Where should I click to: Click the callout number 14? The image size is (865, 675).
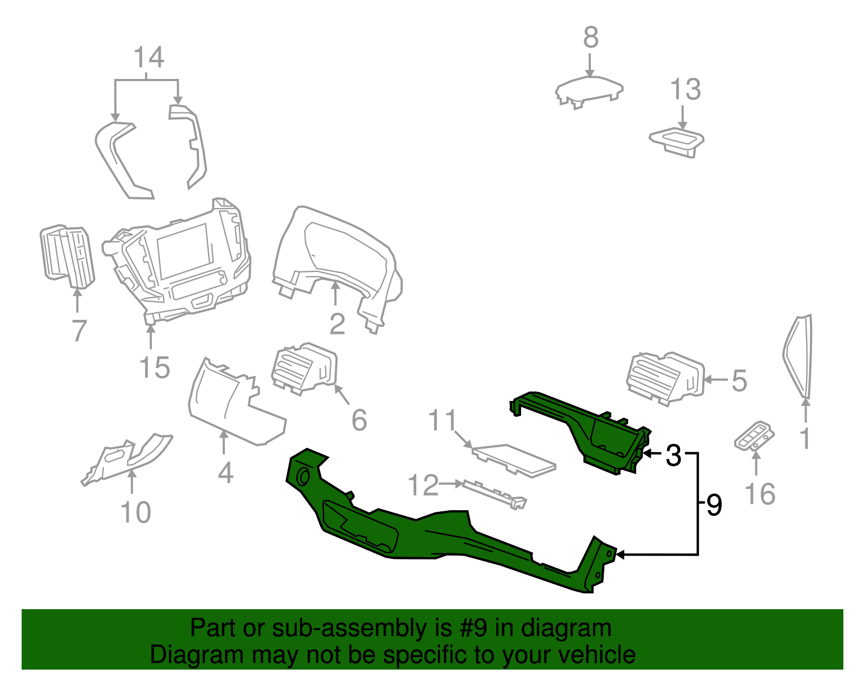point(149,57)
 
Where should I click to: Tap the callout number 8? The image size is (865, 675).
point(591,38)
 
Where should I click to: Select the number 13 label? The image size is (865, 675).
point(685,90)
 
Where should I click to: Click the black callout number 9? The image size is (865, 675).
point(714,505)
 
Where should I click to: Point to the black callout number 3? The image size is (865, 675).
point(674,455)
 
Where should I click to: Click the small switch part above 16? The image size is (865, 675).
point(755,436)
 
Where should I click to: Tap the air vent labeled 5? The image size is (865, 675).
point(665,378)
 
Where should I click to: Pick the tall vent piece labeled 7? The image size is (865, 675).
point(68,254)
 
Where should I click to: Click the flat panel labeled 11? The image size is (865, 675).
point(514,459)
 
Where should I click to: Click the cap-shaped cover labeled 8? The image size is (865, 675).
point(589,91)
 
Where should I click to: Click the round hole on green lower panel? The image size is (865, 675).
point(303,478)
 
